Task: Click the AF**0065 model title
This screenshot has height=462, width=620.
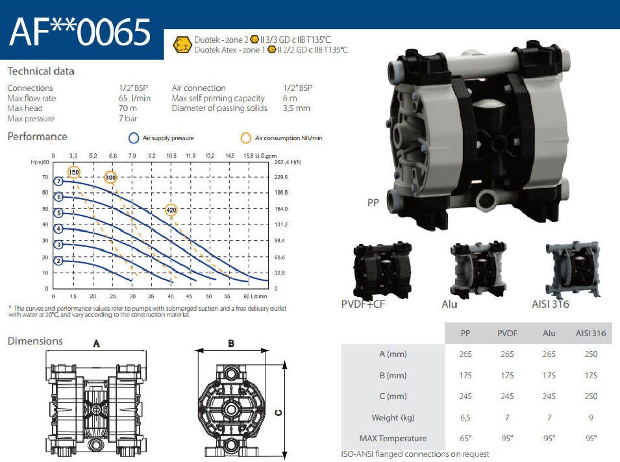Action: pos(80,32)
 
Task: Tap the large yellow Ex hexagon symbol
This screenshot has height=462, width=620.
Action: pos(182,45)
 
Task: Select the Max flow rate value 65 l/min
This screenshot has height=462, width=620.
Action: pos(134,98)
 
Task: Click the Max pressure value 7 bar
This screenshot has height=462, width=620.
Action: pos(128,118)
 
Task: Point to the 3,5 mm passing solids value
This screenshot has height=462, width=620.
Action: pos(297,108)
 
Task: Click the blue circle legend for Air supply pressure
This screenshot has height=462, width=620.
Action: pos(134,138)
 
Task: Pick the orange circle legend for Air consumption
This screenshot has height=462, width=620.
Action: pos(245,138)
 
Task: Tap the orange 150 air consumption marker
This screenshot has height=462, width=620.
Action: pos(73,173)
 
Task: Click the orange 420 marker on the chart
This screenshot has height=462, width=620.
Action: pos(171,210)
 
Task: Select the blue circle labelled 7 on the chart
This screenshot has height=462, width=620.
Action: pos(58,182)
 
